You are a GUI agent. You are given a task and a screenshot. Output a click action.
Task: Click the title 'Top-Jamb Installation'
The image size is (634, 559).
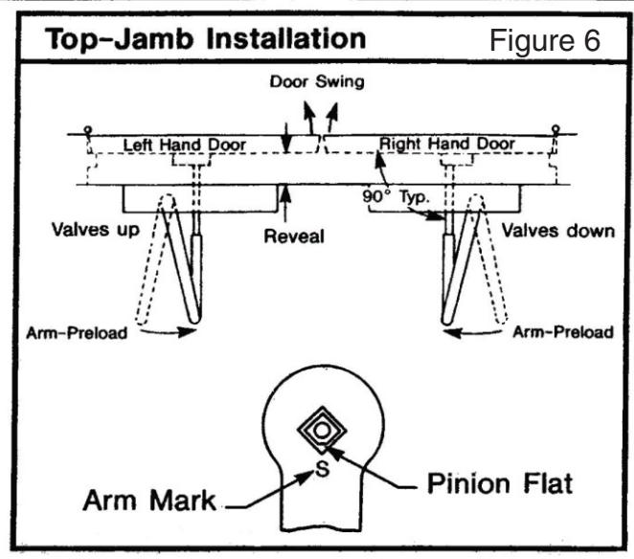pos(205,39)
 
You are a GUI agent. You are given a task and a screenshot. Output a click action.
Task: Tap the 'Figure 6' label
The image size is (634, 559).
pos(545,41)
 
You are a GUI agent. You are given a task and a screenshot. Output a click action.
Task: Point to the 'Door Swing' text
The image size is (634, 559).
pos(317,81)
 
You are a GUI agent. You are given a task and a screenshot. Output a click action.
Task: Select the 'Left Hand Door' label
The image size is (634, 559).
pos(185,145)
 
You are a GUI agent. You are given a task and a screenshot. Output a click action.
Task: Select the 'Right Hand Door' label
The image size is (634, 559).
pos(447,144)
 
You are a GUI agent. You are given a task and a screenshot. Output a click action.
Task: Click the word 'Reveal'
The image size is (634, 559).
pos(294,236)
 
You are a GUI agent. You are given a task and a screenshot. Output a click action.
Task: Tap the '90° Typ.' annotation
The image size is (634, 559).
pos(396,197)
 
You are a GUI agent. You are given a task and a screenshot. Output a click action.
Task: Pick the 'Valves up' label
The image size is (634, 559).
pos(96,230)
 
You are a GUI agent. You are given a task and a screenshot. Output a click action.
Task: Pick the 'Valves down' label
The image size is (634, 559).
pos(558,231)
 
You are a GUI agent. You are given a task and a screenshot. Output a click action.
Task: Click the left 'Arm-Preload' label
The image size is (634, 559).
pos(77,333)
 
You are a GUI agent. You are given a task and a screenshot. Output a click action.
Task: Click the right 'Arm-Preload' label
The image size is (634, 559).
pos(563,332)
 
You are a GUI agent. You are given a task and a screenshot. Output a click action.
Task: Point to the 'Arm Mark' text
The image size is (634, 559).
pos(149,501)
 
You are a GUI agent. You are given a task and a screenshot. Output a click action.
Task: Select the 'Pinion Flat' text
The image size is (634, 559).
pos(500,483)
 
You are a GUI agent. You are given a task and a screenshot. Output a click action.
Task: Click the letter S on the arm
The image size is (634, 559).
pos(322,470)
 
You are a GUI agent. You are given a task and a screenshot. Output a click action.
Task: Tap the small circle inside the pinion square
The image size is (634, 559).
pos(322,431)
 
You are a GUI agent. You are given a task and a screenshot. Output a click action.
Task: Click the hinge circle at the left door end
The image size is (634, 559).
pos(88,130)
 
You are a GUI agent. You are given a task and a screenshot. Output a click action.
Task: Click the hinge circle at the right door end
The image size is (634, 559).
pos(556,129)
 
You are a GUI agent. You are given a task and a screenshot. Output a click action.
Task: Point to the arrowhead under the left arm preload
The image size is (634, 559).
pos(187,332)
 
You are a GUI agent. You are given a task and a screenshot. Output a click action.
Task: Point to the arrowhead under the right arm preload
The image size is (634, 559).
pos(453,333)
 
